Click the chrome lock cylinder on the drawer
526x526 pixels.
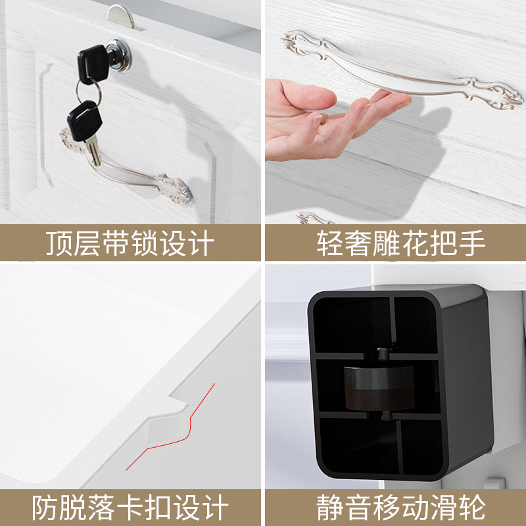pyautogui.click(x=119, y=55)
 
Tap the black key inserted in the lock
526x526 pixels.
pyautogui.click(x=93, y=64)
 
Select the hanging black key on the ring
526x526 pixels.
pyautogui.click(x=85, y=121)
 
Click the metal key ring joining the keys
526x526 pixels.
pyautogui.click(x=88, y=92)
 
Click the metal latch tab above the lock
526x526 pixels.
pyautogui.click(x=121, y=16)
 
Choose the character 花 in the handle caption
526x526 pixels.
pyautogui.click(x=416, y=243)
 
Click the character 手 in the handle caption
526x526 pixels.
pyautogui.click(x=472, y=243)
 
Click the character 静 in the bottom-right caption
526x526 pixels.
pyautogui.click(x=330, y=507)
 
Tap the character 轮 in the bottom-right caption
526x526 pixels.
pyautogui.click(x=472, y=507)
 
